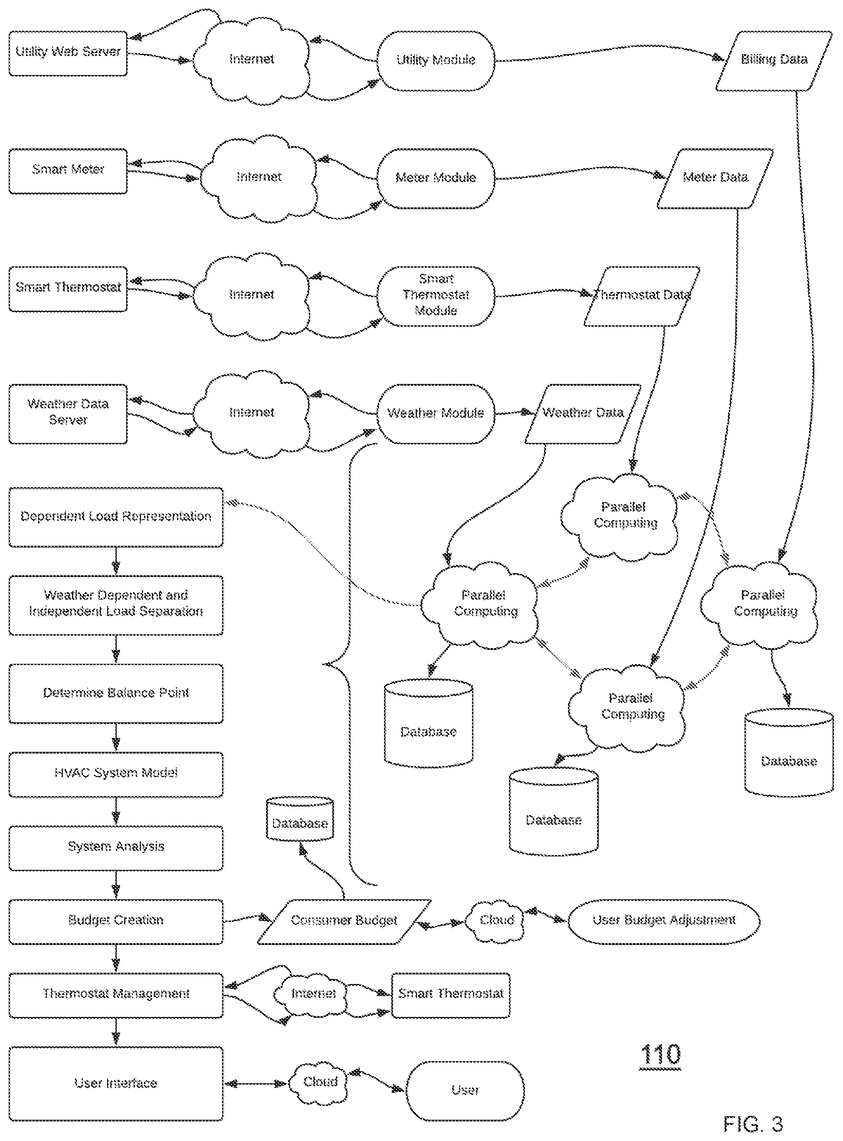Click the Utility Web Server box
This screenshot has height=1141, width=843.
tap(68, 54)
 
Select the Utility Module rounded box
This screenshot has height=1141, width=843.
tap(436, 61)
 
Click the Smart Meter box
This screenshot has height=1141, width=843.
tap(68, 171)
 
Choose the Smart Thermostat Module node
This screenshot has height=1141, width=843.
tap(436, 296)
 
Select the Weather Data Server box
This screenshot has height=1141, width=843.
tap(68, 414)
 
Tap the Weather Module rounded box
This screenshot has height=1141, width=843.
tap(436, 414)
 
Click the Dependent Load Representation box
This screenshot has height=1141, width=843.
tap(116, 517)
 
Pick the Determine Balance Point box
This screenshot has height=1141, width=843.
tap(116, 693)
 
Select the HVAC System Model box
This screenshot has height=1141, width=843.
tap(116, 774)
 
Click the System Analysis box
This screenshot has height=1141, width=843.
tap(116, 848)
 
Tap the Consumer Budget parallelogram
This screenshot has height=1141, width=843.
tap(344, 921)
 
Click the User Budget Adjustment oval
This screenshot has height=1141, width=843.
tap(664, 921)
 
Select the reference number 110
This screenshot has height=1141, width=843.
tap(660, 1054)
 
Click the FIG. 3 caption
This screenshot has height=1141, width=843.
tap(753, 1124)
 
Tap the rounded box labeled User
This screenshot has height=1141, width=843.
tap(465, 1091)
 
